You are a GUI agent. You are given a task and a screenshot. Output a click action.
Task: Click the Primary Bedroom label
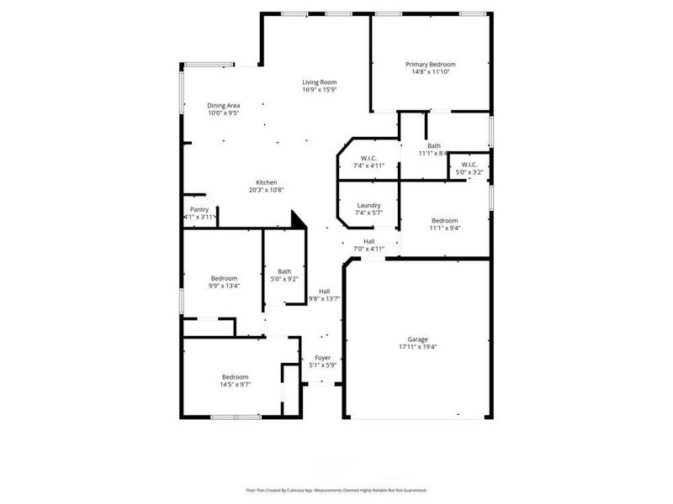pyautogui.click(x=430, y=65)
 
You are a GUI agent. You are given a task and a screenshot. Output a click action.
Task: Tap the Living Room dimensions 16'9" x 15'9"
pyautogui.click(x=320, y=90)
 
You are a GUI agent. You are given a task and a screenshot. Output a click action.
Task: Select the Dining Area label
pyautogui.click(x=224, y=106)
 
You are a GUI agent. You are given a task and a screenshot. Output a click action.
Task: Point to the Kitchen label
pyautogui.click(x=267, y=182)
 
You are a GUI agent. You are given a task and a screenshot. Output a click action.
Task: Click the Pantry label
pyautogui.click(x=199, y=209)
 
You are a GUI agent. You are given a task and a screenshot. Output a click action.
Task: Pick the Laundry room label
pyautogui.click(x=368, y=205)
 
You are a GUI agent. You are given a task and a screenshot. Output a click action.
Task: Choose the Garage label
pyautogui.click(x=418, y=339)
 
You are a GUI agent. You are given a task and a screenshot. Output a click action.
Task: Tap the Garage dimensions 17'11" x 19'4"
pyautogui.click(x=418, y=347)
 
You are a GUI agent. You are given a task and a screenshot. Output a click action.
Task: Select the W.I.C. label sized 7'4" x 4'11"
pyautogui.click(x=368, y=158)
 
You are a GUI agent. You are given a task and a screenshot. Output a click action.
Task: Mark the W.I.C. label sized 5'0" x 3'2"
pyautogui.click(x=469, y=165)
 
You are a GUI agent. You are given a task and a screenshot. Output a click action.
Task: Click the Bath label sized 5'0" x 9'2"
pyautogui.click(x=285, y=271)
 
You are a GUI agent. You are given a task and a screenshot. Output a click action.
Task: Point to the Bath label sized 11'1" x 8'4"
pyautogui.click(x=434, y=146)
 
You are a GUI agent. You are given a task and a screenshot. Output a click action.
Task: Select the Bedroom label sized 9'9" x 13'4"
pyautogui.click(x=224, y=278)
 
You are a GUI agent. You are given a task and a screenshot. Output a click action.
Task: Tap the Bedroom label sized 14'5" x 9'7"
pyautogui.click(x=236, y=377)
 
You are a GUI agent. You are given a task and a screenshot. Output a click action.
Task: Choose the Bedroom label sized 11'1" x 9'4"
pyautogui.click(x=444, y=220)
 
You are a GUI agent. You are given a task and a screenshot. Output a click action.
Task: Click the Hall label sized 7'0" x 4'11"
pyautogui.click(x=368, y=241)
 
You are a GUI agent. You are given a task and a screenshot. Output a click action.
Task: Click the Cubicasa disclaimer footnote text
pyautogui.click(x=336, y=490)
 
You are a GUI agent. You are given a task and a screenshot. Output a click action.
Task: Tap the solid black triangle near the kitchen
pyautogui.click(x=297, y=220)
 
